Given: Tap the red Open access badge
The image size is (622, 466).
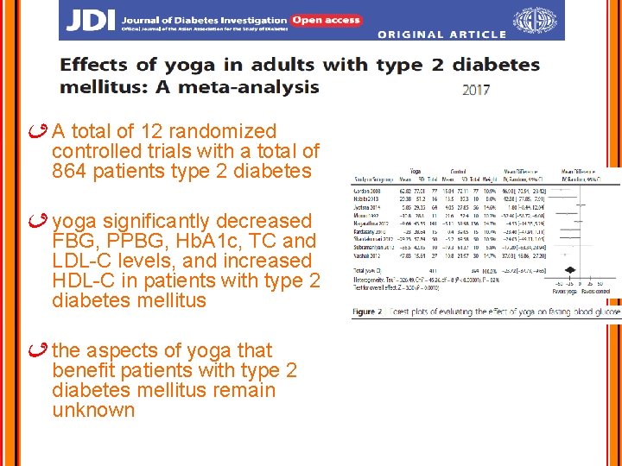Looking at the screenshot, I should [x=325, y=19].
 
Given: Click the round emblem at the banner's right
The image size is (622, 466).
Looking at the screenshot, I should [x=536, y=20].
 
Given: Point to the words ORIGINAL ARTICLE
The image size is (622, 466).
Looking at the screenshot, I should [x=441, y=35].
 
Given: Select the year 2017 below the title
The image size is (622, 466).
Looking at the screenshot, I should [x=476, y=90].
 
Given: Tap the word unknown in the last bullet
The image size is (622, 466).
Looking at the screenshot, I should [x=93, y=410].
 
